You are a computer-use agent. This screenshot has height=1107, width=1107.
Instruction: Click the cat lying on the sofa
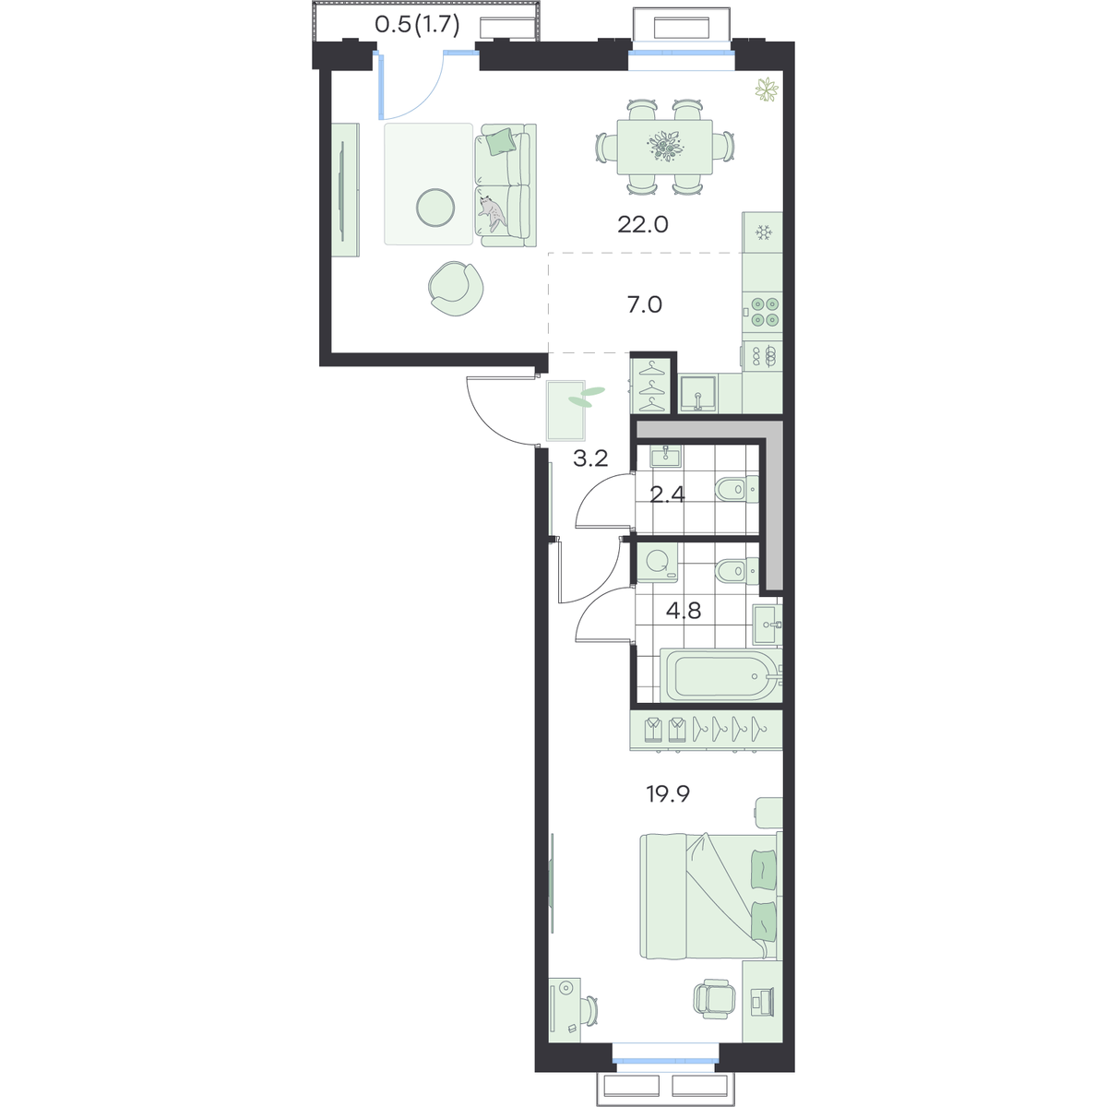point(493,213)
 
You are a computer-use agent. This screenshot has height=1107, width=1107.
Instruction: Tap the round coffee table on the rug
point(435,208)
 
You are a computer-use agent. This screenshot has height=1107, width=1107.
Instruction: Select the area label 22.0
point(643,224)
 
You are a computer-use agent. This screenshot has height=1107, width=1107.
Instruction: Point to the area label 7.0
point(645,304)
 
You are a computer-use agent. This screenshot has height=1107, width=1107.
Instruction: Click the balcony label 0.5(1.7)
point(417,25)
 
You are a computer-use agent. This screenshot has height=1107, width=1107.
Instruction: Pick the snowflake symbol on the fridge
point(764,232)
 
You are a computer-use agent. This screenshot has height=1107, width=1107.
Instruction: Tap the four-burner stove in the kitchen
point(763,312)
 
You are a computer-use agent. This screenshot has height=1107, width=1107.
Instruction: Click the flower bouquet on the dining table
point(665,146)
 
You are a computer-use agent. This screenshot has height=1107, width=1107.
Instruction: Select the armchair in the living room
point(456,289)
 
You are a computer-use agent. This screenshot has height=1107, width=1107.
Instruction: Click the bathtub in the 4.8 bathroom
point(720,675)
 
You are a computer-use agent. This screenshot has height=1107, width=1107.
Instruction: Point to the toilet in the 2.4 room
point(737,489)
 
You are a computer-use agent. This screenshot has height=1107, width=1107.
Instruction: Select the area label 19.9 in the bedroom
point(668,794)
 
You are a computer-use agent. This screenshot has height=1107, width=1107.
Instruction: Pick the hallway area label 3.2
point(590,458)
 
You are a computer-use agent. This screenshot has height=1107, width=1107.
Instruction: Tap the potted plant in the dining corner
point(767,90)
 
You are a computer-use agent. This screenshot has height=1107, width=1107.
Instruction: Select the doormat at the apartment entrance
point(565,411)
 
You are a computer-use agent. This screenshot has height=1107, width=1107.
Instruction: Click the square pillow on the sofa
point(499,140)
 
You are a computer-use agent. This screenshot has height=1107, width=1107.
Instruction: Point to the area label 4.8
point(684,610)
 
